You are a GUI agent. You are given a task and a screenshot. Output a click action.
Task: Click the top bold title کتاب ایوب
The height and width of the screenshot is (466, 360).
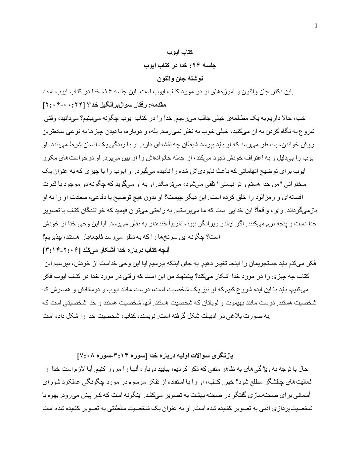[180, 52]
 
